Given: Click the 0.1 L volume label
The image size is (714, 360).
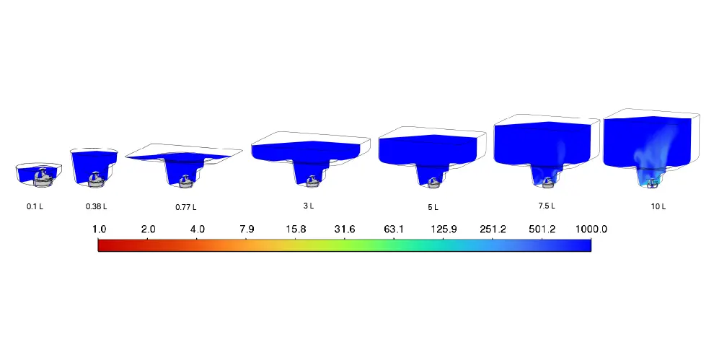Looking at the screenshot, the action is (35, 206).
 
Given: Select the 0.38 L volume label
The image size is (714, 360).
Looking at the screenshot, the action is (97, 206).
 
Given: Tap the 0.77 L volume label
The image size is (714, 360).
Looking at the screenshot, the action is (186, 207).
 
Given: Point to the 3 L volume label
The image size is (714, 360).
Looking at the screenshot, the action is (309, 206).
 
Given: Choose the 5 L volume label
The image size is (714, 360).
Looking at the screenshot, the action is (433, 207).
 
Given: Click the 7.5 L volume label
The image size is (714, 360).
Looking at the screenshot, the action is (547, 206).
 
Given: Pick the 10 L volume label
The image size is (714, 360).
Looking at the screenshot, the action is (658, 206).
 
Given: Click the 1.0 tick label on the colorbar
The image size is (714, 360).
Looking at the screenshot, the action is (99, 229).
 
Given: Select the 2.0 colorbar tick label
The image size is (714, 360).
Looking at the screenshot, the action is (148, 229).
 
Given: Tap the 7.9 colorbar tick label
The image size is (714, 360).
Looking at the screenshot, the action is (247, 229).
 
